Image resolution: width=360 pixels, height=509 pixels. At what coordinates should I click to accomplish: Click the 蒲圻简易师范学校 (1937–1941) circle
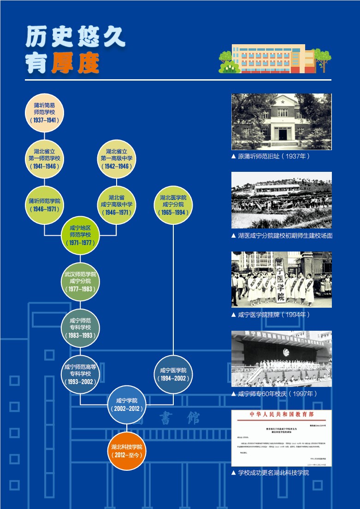click(x=44, y=112)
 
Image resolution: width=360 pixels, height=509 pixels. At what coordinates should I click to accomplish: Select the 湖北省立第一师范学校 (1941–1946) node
click(x=44, y=158)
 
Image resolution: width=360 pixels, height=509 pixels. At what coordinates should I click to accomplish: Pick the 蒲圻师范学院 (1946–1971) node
click(x=44, y=205)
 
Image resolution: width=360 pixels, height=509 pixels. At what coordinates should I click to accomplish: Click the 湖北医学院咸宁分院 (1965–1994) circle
click(x=173, y=205)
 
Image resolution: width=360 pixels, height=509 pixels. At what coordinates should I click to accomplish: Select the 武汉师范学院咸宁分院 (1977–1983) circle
click(x=80, y=281)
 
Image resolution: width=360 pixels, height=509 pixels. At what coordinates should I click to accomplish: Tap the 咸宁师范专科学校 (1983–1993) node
click(x=80, y=328)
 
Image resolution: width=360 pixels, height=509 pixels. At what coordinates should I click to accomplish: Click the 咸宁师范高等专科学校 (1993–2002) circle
click(x=80, y=374)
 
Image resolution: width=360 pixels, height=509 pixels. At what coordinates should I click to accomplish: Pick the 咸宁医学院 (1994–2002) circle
click(x=173, y=374)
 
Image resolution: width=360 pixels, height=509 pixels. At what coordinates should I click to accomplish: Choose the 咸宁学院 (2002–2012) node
click(x=127, y=404)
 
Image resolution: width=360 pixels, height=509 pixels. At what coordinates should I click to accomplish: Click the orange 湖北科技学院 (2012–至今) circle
click(x=127, y=450)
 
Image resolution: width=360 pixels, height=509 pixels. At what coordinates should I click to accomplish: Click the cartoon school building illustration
click(x=274, y=59)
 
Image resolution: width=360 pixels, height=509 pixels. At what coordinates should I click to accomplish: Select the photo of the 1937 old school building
click(x=281, y=122)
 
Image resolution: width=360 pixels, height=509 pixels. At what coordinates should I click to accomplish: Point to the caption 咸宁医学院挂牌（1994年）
click(x=274, y=315)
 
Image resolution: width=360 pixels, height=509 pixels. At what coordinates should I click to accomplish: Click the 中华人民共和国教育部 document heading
click(x=281, y=415)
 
